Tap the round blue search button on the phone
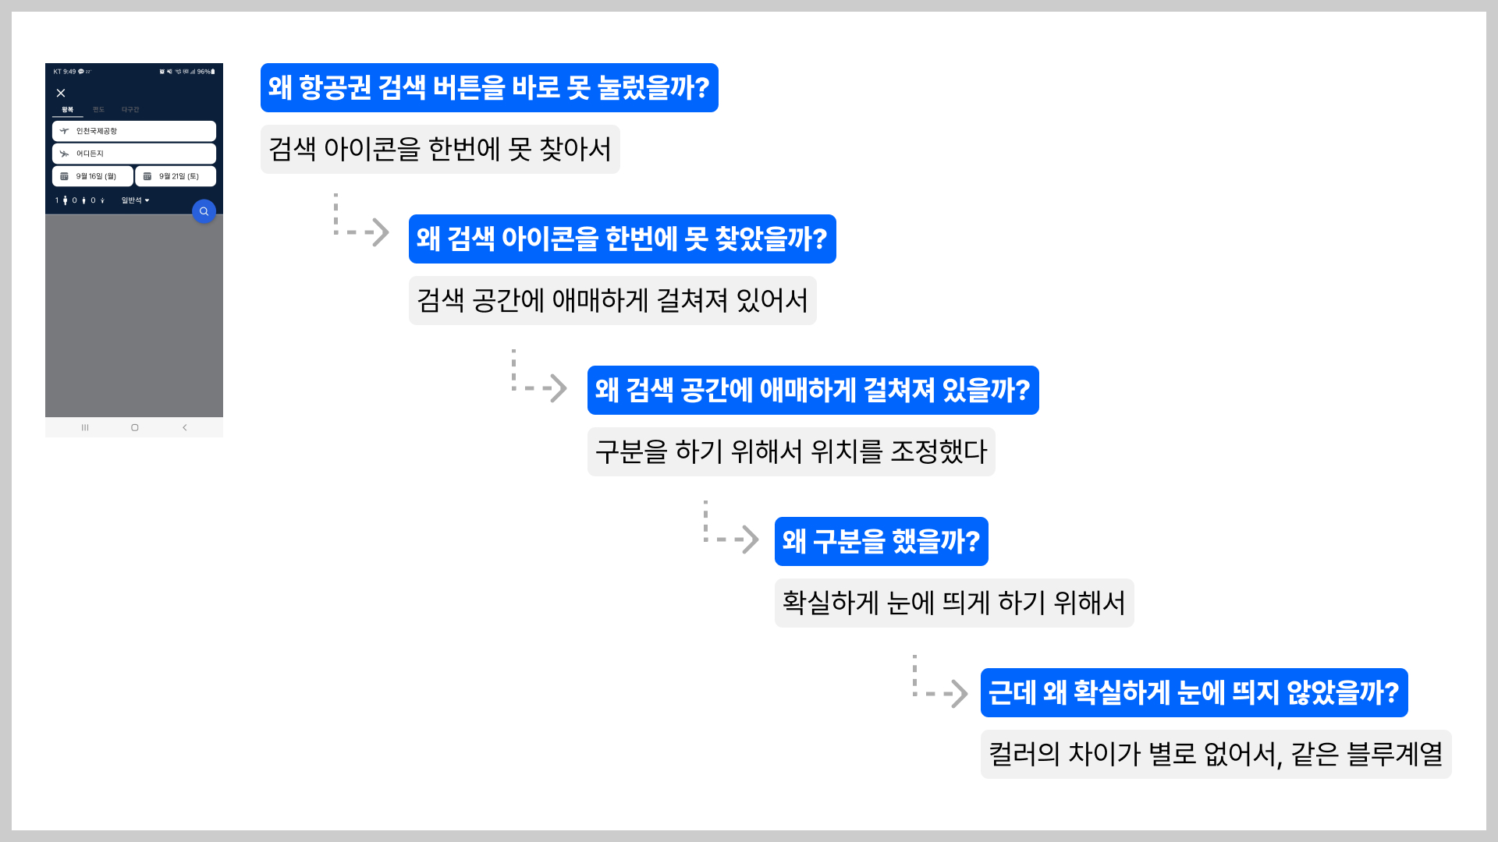click(204, 211)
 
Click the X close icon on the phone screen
click(61, 93)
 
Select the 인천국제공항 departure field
click(134, 131)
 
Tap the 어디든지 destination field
click(134, 154)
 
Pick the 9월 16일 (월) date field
click(93, 176)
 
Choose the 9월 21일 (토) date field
click(176, 176)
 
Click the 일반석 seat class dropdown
click(135, 200)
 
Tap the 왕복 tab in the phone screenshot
click(68, 110)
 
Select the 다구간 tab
click(130, 110)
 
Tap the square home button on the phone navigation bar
click(135, 427)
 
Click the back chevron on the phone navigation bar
click(185, 427)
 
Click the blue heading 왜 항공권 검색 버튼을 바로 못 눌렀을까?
click(489, 87)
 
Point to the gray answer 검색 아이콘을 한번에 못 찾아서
click(440, 149)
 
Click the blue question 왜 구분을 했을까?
click(881, 541)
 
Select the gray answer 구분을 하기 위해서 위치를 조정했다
click(791, 451)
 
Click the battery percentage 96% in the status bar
click(204, 72)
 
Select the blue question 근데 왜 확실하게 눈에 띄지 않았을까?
click(1194, 692)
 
